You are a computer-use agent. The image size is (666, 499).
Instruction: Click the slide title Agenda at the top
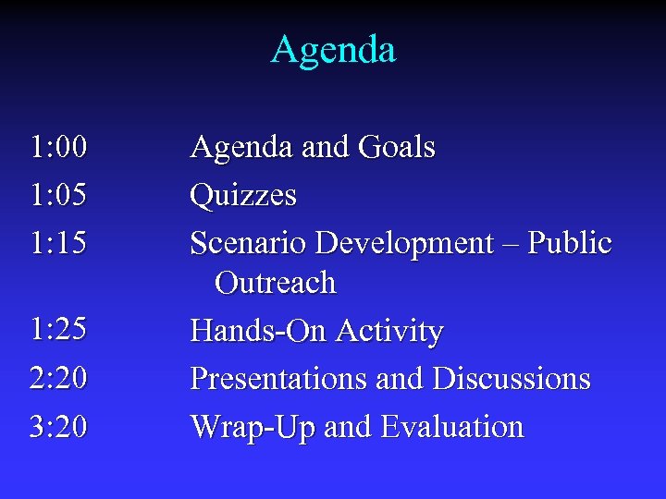click(333, 50)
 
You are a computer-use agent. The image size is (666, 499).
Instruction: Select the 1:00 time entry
click(58, 147)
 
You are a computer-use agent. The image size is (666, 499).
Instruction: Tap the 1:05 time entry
click(58, 195)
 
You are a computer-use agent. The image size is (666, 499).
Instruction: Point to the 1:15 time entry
click(58, 243)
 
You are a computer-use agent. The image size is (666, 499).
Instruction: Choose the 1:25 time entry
click(58, 330)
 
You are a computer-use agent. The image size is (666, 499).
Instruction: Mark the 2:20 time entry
click(58, 378)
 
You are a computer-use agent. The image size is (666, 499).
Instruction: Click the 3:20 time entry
click(58, 426)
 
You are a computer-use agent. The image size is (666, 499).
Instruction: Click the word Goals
click(394, 147)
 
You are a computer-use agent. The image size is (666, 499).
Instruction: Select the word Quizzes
click(243, 196)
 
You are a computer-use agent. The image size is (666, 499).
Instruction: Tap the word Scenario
click(249, 243)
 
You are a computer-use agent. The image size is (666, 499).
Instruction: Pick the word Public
click(574, 243)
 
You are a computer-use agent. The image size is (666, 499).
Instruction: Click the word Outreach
click(276, 283)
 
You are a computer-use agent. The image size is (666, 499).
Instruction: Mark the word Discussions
click(512, 378)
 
